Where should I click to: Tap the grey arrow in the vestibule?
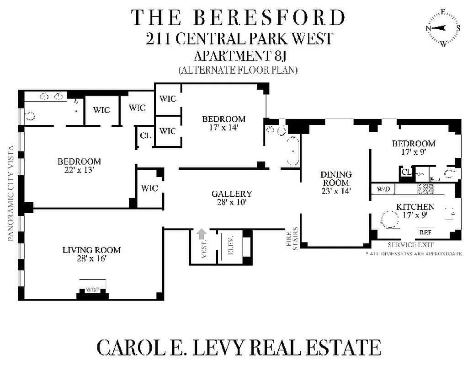[201, 235]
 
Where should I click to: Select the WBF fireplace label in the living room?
[92, 290]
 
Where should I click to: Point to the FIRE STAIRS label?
[292, 238]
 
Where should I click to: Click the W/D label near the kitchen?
[383, 188]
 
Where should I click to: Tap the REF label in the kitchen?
[425, 232]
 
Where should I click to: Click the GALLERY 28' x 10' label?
[232, 198]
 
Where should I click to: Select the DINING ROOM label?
[336, 183]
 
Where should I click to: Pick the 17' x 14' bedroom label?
[223, 124]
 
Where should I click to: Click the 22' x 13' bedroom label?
[79, 166]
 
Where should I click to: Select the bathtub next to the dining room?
[291, 151]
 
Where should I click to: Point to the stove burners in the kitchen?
[425, 188]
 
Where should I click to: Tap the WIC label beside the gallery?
[149, 188]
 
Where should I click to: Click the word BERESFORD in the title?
[269, 17]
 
